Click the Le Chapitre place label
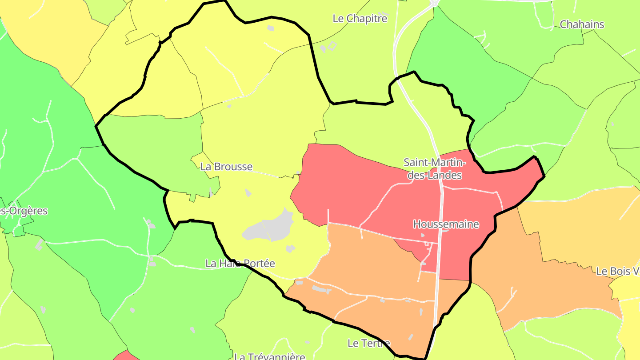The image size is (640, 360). tap(360, 19)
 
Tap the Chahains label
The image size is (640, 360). tap(582, 24)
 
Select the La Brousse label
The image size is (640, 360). tap(226, 167)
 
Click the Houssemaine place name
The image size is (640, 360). tap(446, 224)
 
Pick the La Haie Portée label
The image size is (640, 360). tap(240, 264)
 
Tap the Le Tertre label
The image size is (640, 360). tap(369, 343)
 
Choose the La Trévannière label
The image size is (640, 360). tap(270, 356)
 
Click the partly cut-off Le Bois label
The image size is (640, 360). tap(618, 271)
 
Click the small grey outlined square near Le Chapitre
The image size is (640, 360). tap(332, 45)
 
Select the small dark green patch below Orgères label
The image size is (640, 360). tap(18, 231)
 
